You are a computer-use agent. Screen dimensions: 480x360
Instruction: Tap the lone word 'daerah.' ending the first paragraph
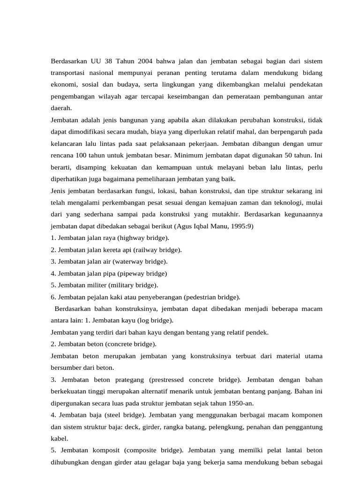click(x=61, y=108)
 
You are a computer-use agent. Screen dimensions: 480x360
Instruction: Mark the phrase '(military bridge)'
click(x=133, y=285)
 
